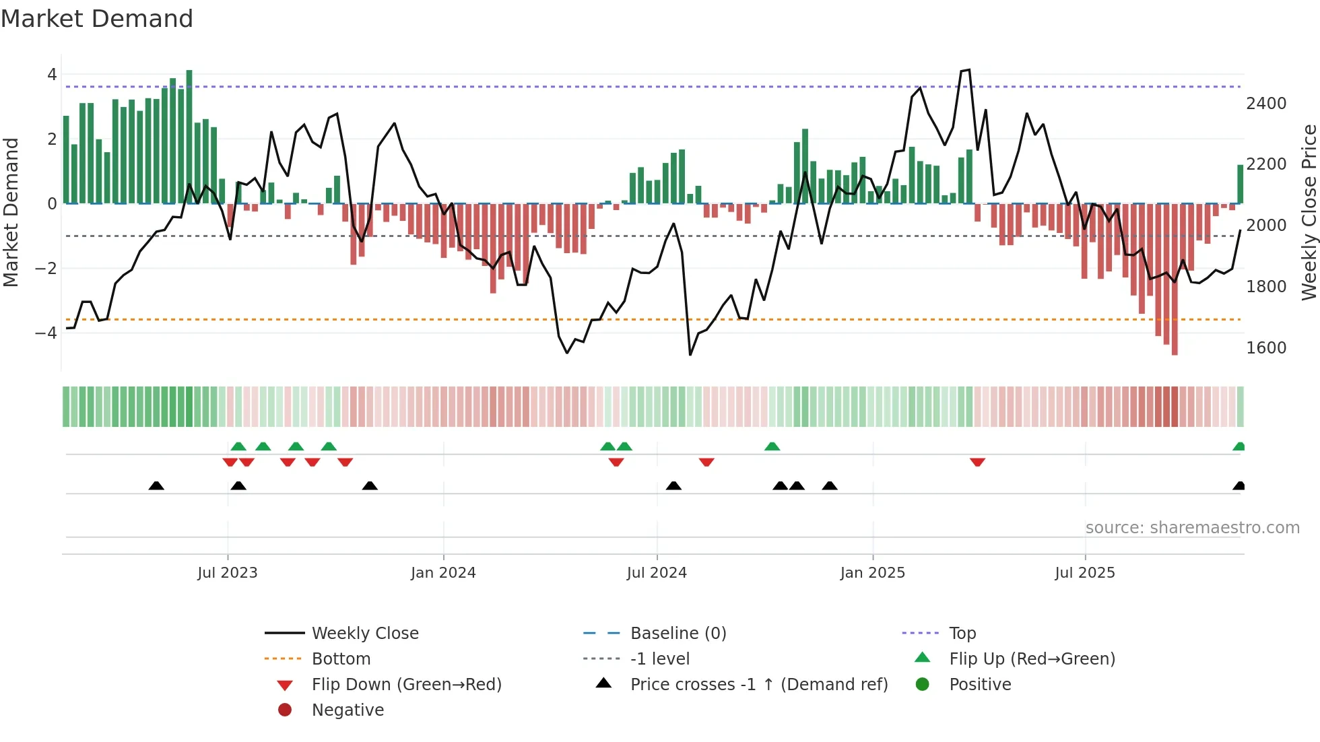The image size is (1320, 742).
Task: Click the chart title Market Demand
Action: tap(97, 19)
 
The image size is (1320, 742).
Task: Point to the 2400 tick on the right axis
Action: tap(1265, 104)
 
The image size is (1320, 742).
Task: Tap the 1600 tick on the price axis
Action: tap(1265, 348)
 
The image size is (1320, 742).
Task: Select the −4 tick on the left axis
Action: tap(46, 333)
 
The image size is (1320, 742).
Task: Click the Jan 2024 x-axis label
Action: tap(443, 573)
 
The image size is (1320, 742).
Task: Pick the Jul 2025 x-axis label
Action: tap(1084, 573)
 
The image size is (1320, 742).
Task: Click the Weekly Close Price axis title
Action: tap(1309, 212)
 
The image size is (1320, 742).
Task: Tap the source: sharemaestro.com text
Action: tap(1192, 528)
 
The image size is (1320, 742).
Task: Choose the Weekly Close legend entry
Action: tap(364, 634)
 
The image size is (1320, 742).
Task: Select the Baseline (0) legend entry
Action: tap(678, 634)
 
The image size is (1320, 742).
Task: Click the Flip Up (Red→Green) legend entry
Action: tap(1032, 659)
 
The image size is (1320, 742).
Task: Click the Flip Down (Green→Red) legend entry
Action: tap(406, 685)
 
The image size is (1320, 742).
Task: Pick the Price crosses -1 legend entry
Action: tap(758, 685)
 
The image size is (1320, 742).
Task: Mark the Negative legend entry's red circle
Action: tap(285, 710)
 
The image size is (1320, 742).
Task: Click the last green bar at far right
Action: tap(1240, 184)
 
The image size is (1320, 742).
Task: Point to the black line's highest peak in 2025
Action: tap(968, 70)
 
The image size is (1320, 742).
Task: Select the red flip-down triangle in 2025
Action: tap(977, 462)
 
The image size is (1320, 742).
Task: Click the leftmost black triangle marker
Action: tap(156, 485)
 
